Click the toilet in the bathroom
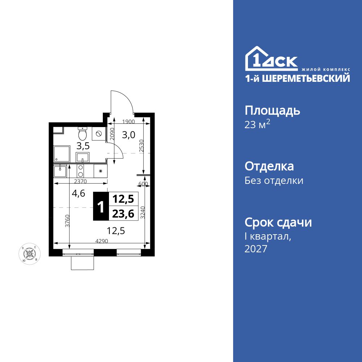coord(83,134)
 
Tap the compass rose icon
coord(29,254)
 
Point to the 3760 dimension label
coord(67,221)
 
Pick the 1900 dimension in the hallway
coord(128,122)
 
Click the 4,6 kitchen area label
coord(79,193)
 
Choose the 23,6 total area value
coord(123,214)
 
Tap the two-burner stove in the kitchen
coord(81,171)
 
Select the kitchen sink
coord(60,171)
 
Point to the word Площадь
coord(272,110)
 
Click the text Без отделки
coord(274,180)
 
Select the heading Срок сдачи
coord(278,222)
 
